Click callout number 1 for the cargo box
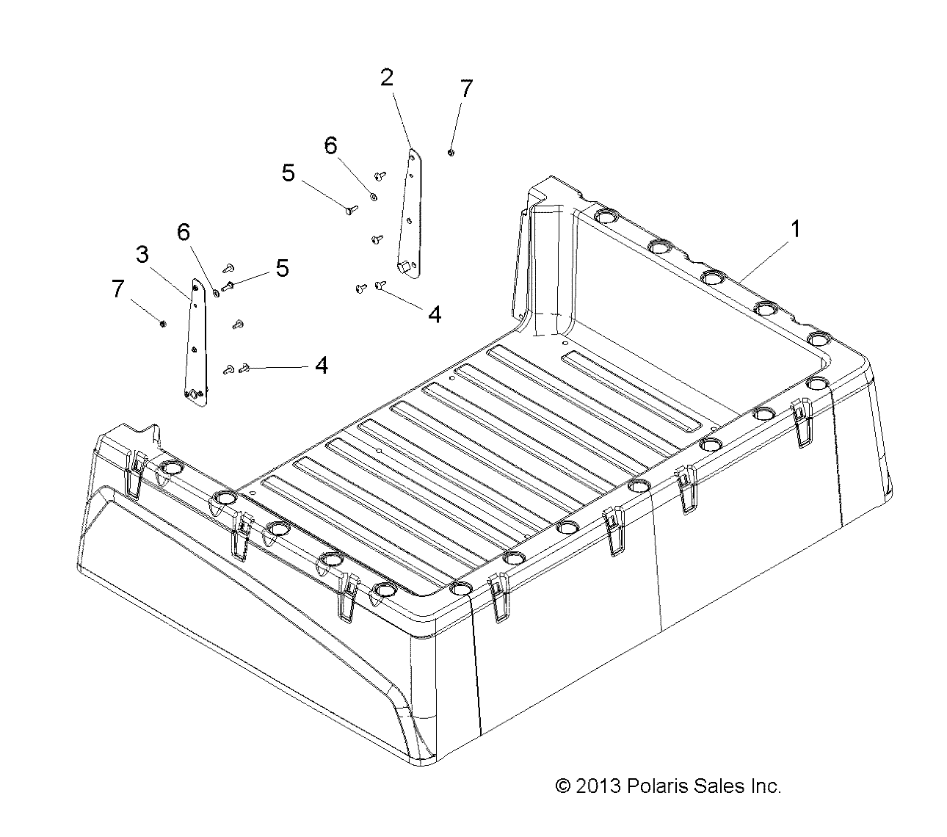pyautogui.click(x=794, y=229)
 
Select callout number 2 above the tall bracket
pyautogui.click(x=387, y=78)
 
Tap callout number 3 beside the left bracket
pyautogui.click(x=142, y=255)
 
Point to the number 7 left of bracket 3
pyautogui.click(x=117, y=289)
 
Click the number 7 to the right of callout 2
pyautogui.click(x=465, y=89)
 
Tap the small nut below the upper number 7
pyautogui.click(x=450, y=152)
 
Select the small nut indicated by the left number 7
pyautogui.click(x=163, y=323)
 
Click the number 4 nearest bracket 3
pyautogui.click(x=322, y=365)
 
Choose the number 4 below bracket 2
pyautogui.click(x=435, y=315)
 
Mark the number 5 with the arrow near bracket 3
pyautogui.click(x=282, y=269)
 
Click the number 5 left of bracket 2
pyautogui.click(x=288, y=173)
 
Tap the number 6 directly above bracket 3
pyautogui.click(x=183, y=233)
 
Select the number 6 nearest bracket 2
pyautogui.click(x=330, y=145)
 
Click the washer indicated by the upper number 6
pyautogui.click(x=374, y=196)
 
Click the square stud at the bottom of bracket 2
pyautogui.click(x=403, y=267)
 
